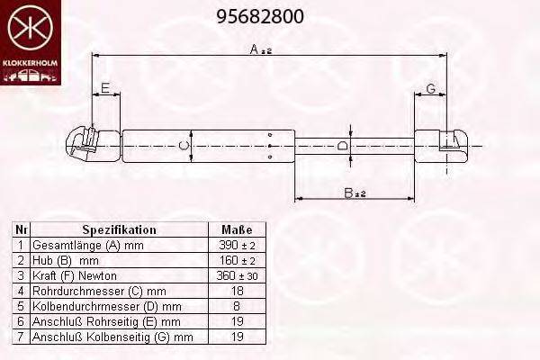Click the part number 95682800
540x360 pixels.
[261, 16]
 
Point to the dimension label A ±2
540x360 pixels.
[260, 49]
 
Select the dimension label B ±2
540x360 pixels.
[355, 193]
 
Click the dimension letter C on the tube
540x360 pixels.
[184, 145]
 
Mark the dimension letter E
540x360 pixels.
[105, 87]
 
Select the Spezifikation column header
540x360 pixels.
[119, 229]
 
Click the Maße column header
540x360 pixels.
[237, 229]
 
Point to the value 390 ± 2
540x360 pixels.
[237, 245]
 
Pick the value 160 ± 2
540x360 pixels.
[237, 260]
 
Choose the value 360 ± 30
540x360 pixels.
[237, 275]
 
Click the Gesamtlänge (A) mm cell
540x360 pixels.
[87, 245]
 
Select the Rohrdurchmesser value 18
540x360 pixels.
[237, 291]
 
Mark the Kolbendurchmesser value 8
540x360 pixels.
[237, 306]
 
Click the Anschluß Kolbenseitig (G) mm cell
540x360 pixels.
[112, 337]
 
